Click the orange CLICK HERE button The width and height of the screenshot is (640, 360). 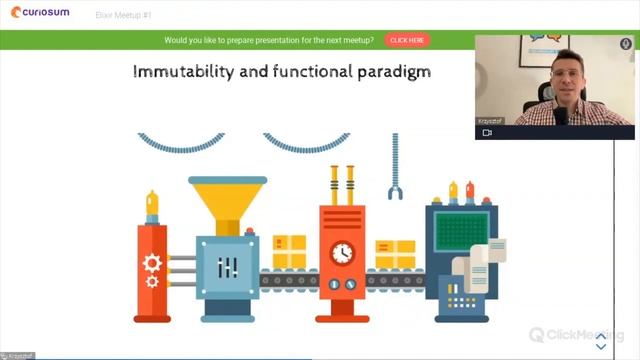coord(407,40)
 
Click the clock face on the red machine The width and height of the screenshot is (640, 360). coord(343,252)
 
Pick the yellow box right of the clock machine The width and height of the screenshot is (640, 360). coord(395,254)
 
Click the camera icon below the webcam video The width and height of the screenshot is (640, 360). coord(487,132)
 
